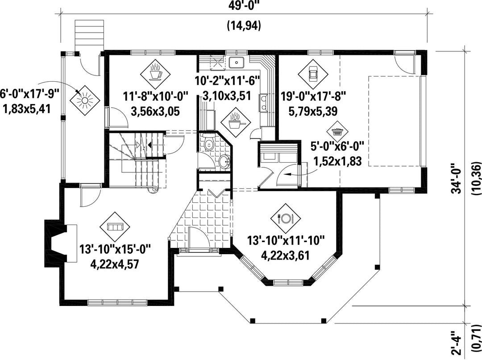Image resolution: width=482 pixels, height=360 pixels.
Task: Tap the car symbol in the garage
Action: click(x=312, y=74)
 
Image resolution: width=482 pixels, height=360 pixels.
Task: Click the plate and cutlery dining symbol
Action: click(x=286, y=218)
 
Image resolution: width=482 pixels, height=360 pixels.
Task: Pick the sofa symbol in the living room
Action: click(x=115, y=227)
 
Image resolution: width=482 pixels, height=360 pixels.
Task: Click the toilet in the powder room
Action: click(x=209, y=142)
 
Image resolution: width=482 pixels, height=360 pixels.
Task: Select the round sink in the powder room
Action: click(x=224, y=161)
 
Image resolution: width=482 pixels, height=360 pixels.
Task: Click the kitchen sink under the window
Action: click(x=237, y=63)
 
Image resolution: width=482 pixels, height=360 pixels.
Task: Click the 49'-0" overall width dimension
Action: click(x=245, y=6)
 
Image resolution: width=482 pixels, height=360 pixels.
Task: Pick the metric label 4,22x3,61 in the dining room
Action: click(x=285, y=255)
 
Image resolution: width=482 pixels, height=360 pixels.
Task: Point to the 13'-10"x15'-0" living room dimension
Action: click(x=115, y=249)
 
